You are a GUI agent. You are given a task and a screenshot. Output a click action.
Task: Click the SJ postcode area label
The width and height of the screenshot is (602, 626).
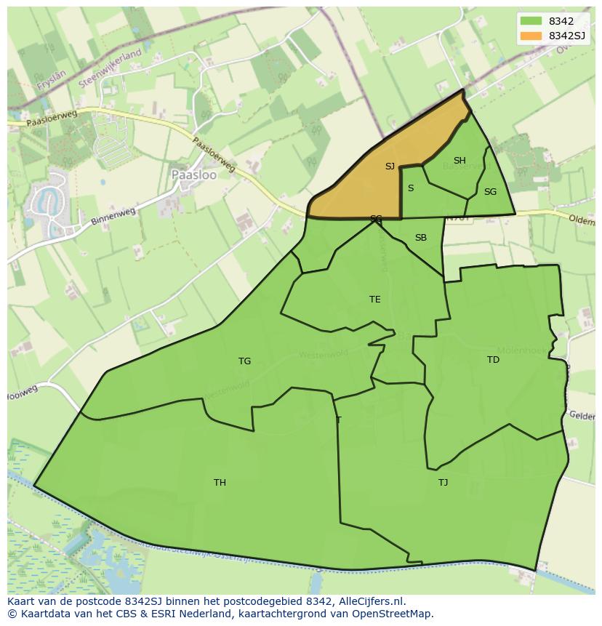390,166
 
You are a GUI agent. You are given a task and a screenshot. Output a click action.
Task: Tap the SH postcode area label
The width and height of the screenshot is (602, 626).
459,161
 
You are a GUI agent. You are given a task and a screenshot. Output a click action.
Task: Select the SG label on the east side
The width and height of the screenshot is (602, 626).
490,192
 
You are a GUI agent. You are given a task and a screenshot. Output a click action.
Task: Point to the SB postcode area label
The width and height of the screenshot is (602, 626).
421,238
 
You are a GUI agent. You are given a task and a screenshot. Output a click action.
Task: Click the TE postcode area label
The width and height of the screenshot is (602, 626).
375,300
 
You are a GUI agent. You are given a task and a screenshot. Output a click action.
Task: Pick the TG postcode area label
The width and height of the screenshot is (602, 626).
244,361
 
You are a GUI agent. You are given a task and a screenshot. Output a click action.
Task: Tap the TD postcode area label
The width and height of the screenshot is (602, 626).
493,360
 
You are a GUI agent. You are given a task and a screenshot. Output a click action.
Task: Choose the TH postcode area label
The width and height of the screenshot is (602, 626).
220,483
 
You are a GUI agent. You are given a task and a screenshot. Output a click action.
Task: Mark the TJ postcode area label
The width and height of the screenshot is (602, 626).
443,483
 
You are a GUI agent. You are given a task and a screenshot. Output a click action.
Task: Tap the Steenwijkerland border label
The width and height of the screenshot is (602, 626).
110,70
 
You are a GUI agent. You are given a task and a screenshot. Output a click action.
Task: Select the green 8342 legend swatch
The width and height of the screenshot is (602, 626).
531,21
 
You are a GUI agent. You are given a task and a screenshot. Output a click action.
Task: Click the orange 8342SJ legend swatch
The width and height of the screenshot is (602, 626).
531,35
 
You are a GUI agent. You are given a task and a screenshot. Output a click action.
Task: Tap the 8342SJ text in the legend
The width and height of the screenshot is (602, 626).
568,35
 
